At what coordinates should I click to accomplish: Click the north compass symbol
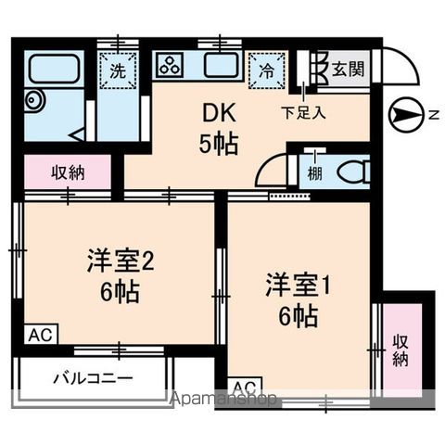pyautogui.click(x=408, y=114)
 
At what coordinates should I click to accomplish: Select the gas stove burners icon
pyautogui.click(x=172, y=66)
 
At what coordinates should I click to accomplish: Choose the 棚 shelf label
pyautogui.click(x=316, y=173)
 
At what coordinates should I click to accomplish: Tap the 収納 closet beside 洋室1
pyautogui.click(x=400, y=350)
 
